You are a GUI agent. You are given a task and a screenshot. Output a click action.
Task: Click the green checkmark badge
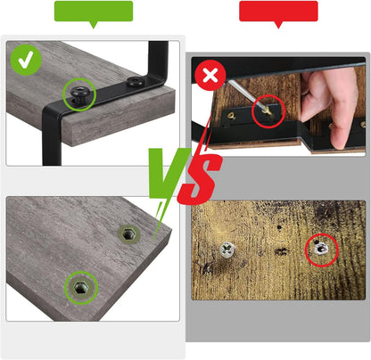tap(26, 60)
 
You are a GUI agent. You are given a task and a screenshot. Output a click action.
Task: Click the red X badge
tap(210, 76)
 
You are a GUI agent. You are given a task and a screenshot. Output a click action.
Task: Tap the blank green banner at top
tap(94, 12)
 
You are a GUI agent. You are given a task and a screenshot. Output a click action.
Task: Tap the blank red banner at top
tap(278, 12)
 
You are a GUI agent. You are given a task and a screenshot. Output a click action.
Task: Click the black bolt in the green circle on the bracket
tap(78, 94)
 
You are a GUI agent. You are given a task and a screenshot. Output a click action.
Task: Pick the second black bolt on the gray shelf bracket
tap(134, 81)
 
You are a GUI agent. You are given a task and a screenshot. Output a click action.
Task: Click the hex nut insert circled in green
tap(80, 288)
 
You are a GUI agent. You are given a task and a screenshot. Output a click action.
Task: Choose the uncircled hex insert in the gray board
tap(129, 234)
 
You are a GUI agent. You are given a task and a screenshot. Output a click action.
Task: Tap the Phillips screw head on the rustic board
tap(227, 250)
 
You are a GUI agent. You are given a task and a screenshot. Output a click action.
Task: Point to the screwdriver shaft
tap(246, 94)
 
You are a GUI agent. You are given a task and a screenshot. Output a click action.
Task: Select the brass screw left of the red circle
tap(232, 116)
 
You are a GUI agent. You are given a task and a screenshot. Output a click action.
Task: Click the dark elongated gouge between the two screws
tap(281, 252)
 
